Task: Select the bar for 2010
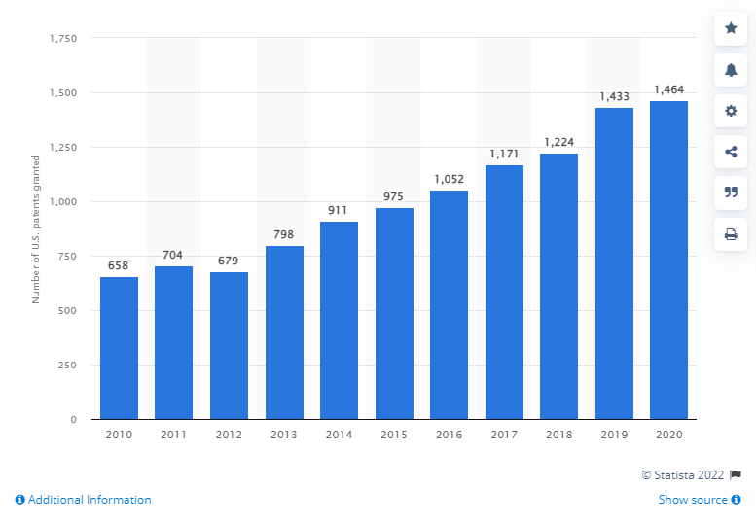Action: click(x=119, y=348)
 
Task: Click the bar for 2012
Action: click(x=229, y=345)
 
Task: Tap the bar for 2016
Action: click(x=449, y=304)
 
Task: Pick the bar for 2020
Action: click(x=668, y=260)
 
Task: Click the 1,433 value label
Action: click(x=614, y=97)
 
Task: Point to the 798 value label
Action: click(x=284, y=235)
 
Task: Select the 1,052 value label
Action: click(x=449, y=180)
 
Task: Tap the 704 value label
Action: click(x=174, y=256)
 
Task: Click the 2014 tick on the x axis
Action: click(x=339, y=436)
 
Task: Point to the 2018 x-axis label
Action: click(x=558, y=436)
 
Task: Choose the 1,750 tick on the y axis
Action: click(x=62, y=38)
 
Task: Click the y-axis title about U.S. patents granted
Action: click(x=36, y=228)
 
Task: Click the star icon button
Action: click(x=731, y=28)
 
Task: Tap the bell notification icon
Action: click(x=731, y=69)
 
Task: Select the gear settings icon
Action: click(x=731, y=111)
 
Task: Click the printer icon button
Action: click(x=731, y=233)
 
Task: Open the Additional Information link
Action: click(x=84, y=500)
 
